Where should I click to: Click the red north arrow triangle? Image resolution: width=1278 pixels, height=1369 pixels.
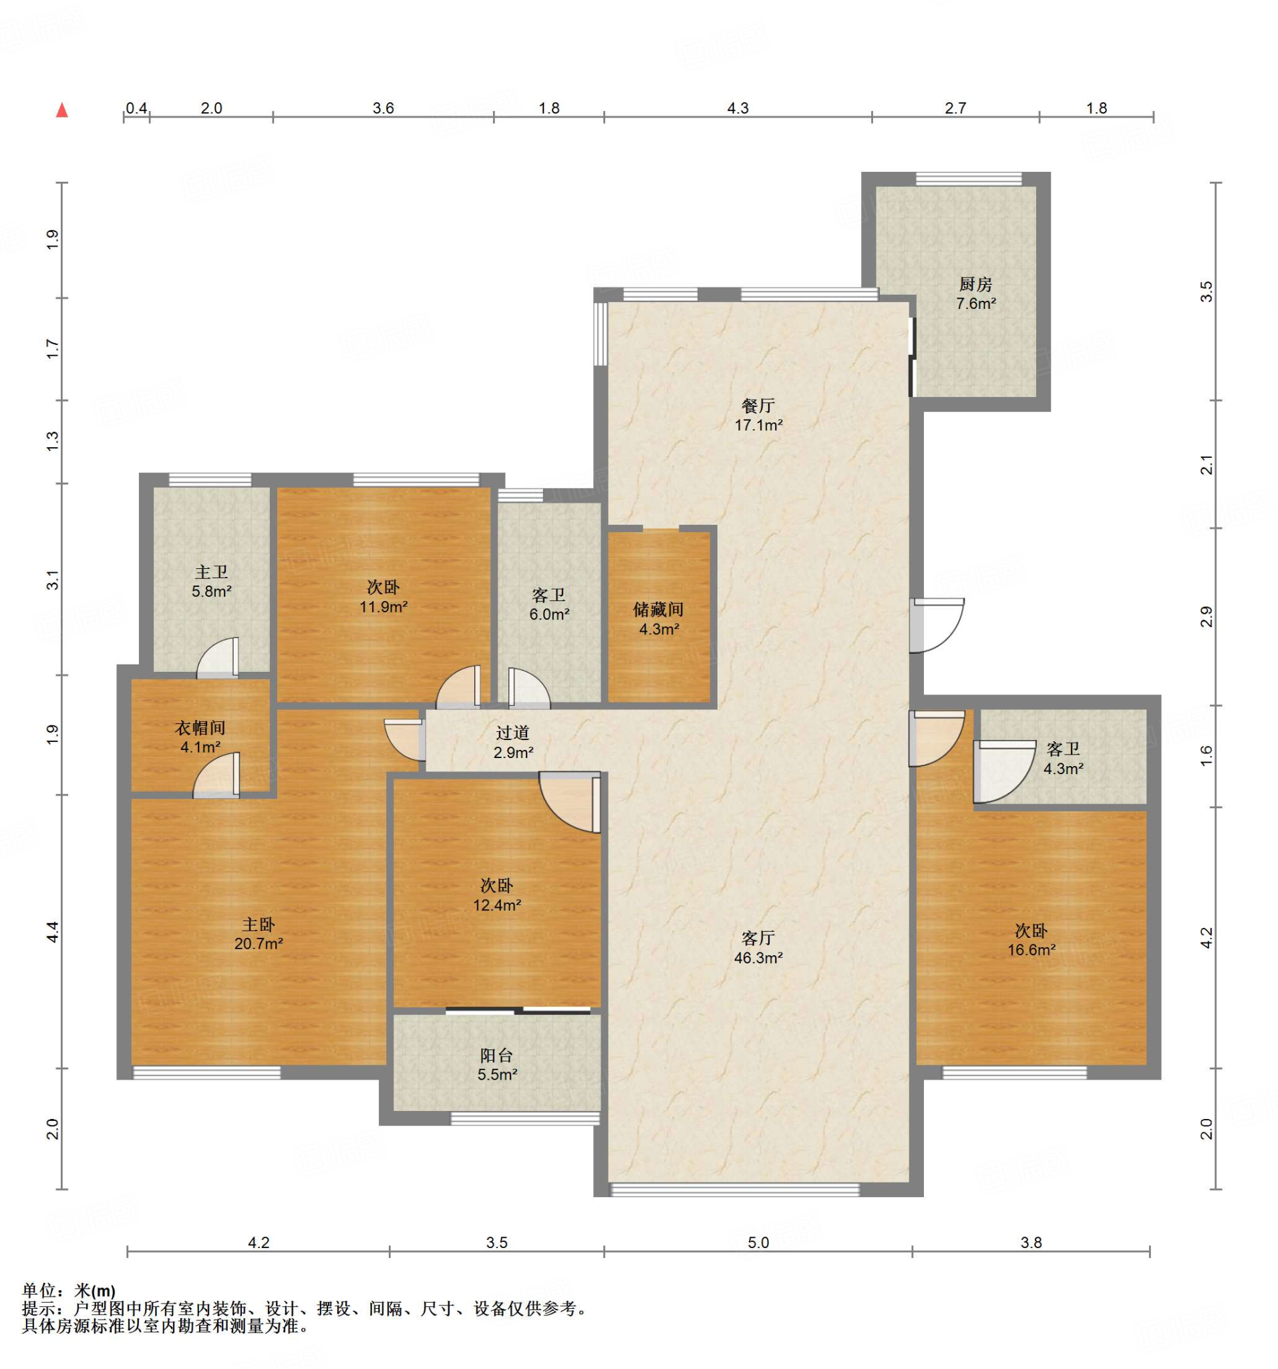[62, 110]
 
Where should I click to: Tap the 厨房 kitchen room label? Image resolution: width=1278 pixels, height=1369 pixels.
[975, 283]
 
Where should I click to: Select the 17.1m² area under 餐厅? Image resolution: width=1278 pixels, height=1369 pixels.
[758, 425]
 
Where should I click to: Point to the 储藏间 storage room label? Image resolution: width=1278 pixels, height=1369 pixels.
[659, 609]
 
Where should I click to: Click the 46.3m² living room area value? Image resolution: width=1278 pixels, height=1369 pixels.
[758, 957]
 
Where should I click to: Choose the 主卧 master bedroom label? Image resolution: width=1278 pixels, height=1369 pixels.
[258, 924]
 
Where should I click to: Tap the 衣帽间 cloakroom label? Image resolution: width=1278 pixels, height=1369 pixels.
[200, 727]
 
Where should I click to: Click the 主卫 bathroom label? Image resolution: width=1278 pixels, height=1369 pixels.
[211, 572]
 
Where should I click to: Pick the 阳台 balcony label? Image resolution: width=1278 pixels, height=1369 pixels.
[496, 1055]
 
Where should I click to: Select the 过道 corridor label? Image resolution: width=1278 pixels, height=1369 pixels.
[512, 733]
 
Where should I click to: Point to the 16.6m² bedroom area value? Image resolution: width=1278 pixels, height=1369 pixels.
[1031, 950]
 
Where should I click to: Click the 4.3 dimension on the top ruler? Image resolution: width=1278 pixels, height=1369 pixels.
[738, 108]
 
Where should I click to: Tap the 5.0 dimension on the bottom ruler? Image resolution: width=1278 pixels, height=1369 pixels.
[758, 1242]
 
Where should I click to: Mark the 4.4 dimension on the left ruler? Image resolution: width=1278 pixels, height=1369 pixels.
[53, 932]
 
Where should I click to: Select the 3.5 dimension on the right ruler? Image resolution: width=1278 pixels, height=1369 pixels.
[1206, 291]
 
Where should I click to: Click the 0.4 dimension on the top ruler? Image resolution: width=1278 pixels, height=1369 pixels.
[136, 108]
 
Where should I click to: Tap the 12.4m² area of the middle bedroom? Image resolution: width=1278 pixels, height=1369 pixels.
[497, 905]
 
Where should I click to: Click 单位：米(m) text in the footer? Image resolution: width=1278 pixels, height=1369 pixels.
[69, 1291]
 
